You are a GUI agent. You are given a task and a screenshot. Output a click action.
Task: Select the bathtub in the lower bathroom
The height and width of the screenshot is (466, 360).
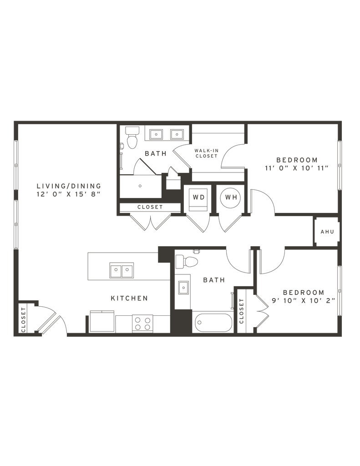pos(213,323)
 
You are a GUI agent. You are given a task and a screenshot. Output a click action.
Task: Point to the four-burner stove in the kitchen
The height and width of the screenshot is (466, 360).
pos(142,323)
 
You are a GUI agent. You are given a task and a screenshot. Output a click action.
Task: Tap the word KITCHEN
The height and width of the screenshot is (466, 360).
pos(129,299)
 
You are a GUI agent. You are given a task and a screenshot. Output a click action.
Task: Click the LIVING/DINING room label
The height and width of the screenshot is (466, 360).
pos(68,186)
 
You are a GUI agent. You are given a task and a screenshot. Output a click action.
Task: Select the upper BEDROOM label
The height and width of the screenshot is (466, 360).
pos(296,159)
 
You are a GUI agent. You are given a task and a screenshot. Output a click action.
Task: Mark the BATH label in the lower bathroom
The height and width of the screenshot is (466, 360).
pos(213,280)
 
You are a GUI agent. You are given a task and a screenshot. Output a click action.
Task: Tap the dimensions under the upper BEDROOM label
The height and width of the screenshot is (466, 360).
pos(296,167)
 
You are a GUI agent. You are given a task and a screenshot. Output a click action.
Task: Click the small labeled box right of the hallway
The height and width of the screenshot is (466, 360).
pos(327,232)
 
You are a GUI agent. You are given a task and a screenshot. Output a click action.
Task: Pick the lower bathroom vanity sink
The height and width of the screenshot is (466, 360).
pos(183,287)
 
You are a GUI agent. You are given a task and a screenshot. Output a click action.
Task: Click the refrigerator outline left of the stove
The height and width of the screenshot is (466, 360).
pos(101,321)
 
